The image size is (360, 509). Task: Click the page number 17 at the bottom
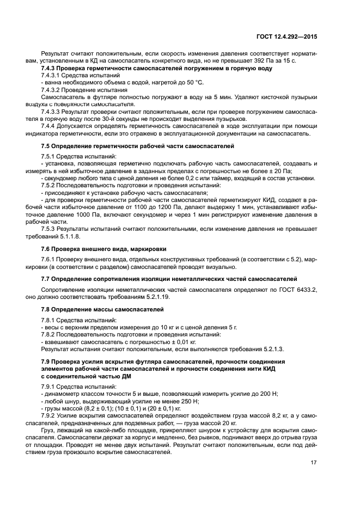tap(313, 464)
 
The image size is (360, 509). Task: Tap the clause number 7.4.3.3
tap(53, 111)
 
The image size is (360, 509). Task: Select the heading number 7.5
tap(46, 146)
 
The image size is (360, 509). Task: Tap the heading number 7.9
tap(46, 362)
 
